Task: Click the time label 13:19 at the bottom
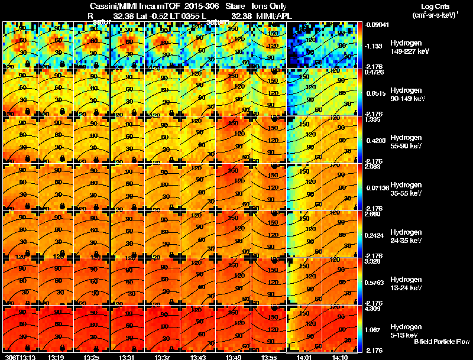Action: pos(56,356)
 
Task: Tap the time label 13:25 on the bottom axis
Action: pos(92,356)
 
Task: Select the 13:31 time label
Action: pos(127,356)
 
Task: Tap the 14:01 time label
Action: pos(304,356)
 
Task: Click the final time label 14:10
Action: pos(340,356)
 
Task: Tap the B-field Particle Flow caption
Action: pos(442,342)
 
